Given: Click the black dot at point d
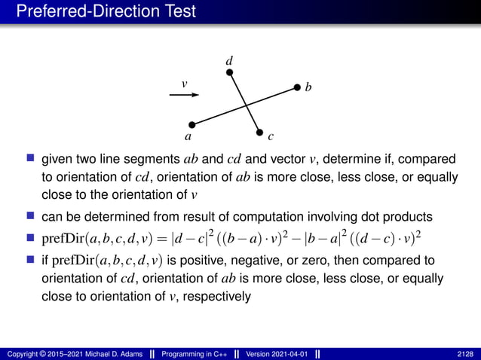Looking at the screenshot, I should tap(230, 72).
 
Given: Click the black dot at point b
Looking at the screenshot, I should tap(297, 87).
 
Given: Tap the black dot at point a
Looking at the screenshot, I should tap(191, 124).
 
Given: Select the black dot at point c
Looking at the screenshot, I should tap(259, 132).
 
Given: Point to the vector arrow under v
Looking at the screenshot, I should tap(184, 95).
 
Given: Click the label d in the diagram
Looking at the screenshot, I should tap(230, 59).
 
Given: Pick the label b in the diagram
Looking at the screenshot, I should tap(308, 89).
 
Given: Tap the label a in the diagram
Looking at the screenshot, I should tap(188, 137).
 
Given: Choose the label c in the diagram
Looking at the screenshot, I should tap(271, 137).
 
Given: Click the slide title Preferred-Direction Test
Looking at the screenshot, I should tap(106, 11).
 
